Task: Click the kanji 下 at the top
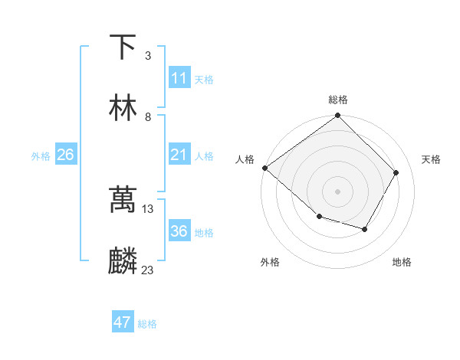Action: coord(123,47)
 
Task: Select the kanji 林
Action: coord(123,108)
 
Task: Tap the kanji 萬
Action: coord(123,200)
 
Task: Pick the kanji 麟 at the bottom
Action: coord(123,261)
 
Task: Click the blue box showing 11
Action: coord(179,78)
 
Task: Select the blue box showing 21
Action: coord(179,155)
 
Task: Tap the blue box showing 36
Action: coord(179,231)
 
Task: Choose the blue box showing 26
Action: coord(65,155)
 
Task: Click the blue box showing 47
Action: coord(123,322)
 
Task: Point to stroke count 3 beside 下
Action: coord(148,56)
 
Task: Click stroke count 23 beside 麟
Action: coord(148,270)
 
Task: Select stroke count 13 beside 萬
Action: coord(148,209)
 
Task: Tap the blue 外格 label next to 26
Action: coord(41,156)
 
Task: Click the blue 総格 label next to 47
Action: coord(147,324)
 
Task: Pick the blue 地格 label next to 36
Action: coord(204,233)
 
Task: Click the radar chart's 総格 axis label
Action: coord(338,100)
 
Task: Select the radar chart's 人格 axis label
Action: coord(245,159)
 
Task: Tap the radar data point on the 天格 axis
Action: coord(396,172)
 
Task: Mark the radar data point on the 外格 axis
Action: coord(319,218)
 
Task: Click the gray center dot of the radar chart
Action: coord(337,191)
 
